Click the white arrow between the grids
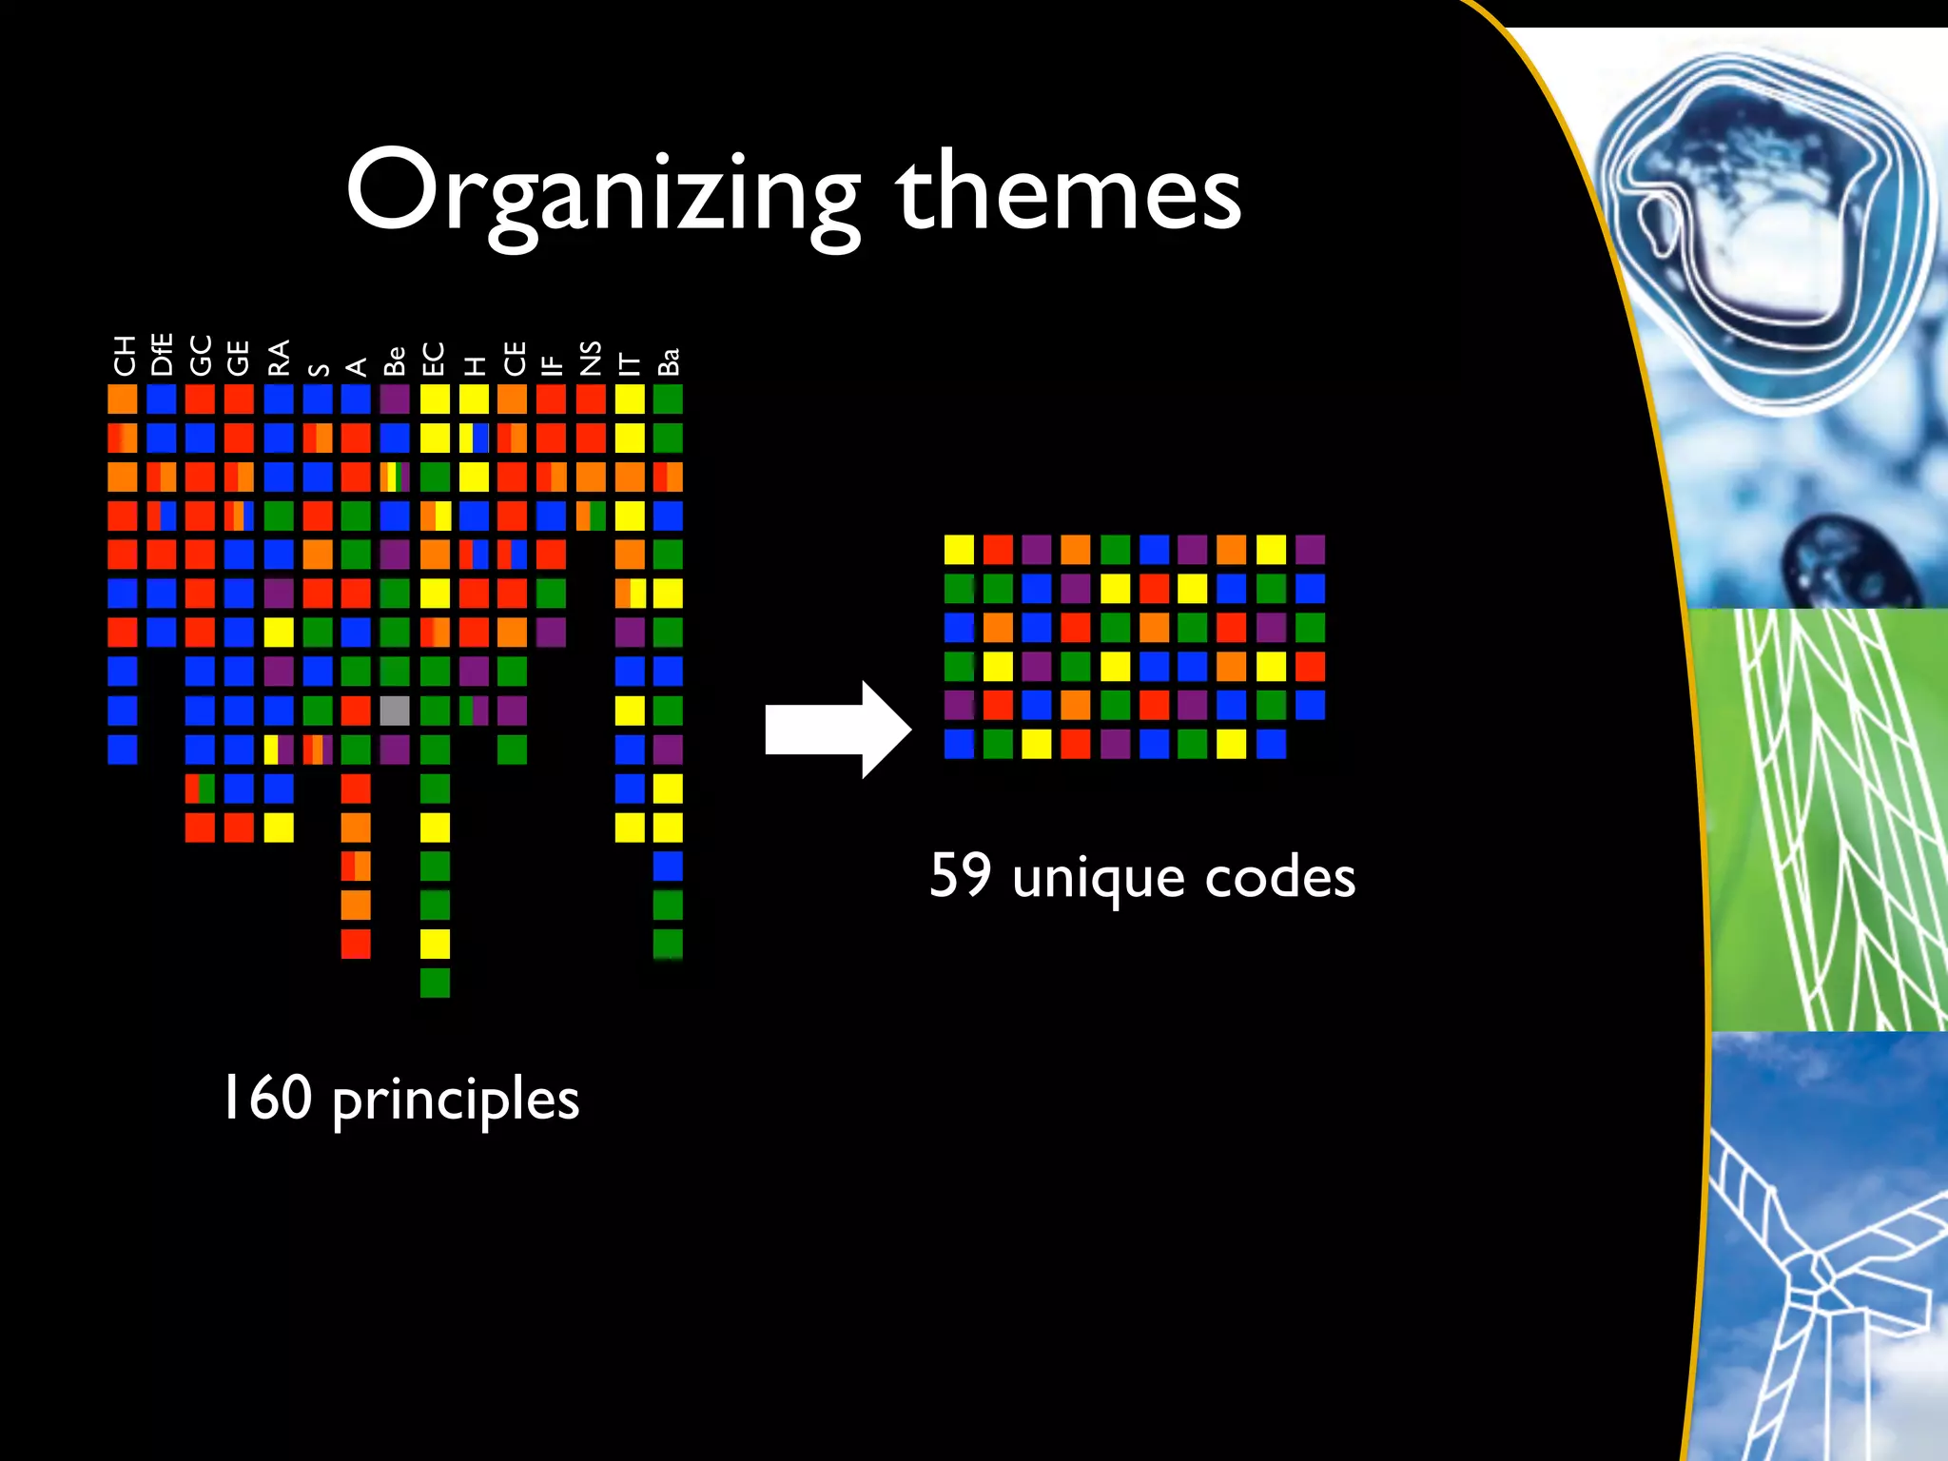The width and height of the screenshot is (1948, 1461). [x=837, y=730]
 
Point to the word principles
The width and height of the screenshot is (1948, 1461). [x=456, y=1101]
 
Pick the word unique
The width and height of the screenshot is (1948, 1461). [x=1098, y=877]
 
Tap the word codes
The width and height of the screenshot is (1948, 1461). [x=1279, y=877]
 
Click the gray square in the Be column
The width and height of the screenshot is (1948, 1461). [x=395, y=711]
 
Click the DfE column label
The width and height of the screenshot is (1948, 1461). [x=162, y=354]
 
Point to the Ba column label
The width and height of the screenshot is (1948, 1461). [x=669, y=361]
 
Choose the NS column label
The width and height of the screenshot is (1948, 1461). [x=591, y=358]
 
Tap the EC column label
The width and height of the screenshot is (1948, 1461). [x=434, y=359]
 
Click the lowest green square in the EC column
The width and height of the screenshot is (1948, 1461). [x=435, y=983]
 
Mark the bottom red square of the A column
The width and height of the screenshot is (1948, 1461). [x=356, y=944]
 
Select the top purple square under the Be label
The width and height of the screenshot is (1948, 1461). [x=395, y=399]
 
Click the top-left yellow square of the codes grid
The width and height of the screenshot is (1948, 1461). [x=959, y=550]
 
